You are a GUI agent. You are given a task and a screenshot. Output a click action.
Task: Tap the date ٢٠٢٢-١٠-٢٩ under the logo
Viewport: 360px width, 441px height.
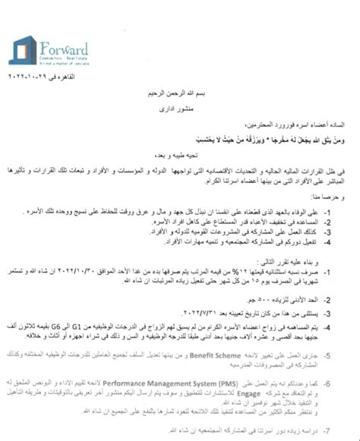pos(42,78)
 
